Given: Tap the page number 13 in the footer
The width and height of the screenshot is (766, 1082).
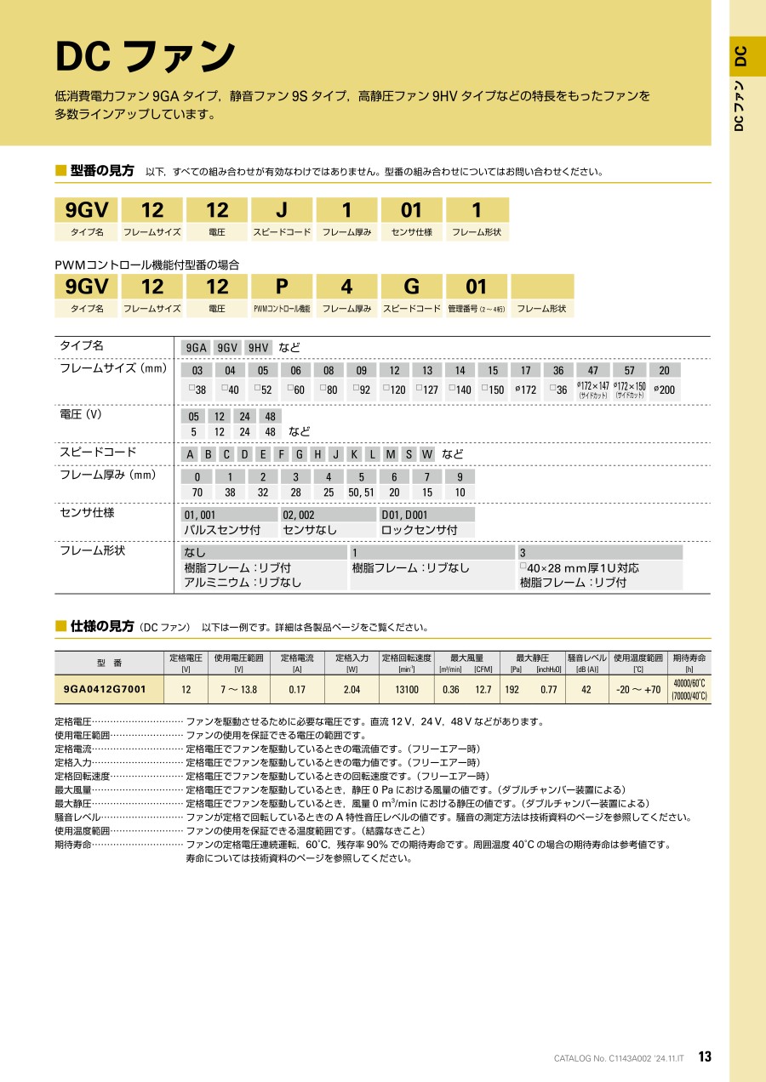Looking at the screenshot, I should point(704,1056).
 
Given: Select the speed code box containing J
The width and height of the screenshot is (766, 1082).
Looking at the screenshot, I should point(282,210).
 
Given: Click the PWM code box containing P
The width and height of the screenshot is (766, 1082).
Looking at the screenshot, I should point(282,286).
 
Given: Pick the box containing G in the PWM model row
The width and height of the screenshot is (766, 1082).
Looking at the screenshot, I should point(412,286).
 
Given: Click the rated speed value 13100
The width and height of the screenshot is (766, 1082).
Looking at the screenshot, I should point(407,690).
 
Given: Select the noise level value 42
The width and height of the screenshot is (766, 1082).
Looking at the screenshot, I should point(586,690).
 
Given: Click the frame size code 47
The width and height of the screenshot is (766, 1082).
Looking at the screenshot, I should point(594,370).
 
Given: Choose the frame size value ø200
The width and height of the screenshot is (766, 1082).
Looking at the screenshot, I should point(665,390).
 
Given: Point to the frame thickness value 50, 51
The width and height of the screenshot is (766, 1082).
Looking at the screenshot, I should point(361,492).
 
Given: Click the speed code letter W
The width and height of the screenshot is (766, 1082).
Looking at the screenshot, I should point(427,454).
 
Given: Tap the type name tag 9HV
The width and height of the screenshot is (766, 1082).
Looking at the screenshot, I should point(258,347).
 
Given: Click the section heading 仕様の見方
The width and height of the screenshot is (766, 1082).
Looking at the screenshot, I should point(102,626).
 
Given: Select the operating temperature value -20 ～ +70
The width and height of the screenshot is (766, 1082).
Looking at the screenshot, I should point(638,690).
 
